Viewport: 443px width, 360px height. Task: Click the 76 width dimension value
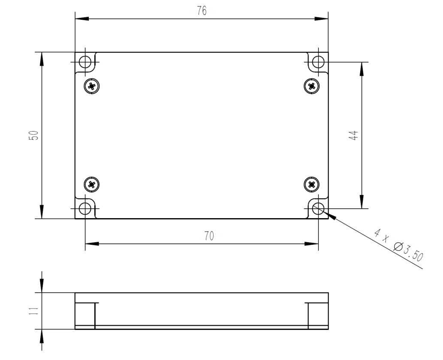tap(202, 12)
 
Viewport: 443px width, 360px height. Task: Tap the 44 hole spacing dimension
tap(353, 135)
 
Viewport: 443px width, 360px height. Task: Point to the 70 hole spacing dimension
tap(209, 236)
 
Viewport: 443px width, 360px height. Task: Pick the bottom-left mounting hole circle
tap(85, 209)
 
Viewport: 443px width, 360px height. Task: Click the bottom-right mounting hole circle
tap(318, 209)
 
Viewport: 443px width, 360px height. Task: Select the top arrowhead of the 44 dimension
tap(362, 68)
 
